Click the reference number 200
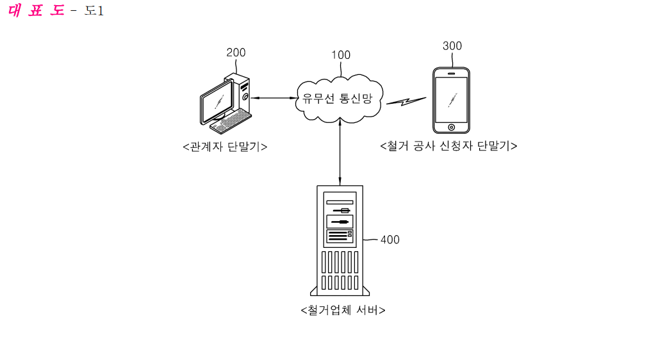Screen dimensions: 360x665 coord(236,53)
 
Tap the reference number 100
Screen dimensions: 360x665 coord(341,55)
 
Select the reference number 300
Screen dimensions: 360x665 coord(452,46)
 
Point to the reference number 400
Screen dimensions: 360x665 coord(390,240)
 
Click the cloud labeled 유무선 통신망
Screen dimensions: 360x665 coord(340,100)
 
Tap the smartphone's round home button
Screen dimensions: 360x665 coord(451,127)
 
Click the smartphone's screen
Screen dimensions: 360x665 coord(451,99)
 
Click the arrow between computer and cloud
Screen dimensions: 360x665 coord(272,98)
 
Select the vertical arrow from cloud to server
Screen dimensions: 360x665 coord(340,151)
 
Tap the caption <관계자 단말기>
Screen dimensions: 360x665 coord(225,147)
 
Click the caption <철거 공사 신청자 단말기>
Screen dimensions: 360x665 coord(448,146)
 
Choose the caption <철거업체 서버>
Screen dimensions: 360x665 coord(343,311)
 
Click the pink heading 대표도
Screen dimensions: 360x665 coord(37,12)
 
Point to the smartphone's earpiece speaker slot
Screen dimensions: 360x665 coord(451,73)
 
